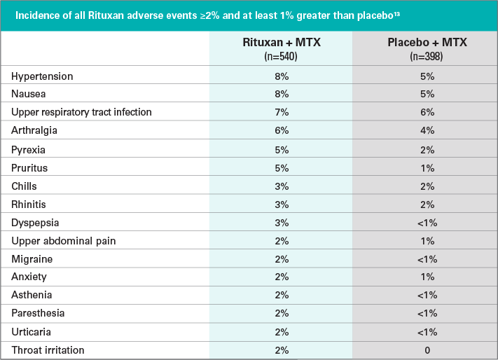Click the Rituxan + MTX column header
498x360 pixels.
pyautogui.click(x=281, y=43)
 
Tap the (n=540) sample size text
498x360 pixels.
pyautogui.click(x=281, y=56)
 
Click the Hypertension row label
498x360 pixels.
pyautogui.click(x=42, y=76)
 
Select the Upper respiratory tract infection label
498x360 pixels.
pyautogui.click(x=81, y=112)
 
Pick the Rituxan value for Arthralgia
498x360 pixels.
pyautogui.click(x=281, y=130)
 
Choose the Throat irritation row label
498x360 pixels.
pyautogui.click(x=48, y=350)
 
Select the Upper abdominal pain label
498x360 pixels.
pyautogui.click(x=64, y=240)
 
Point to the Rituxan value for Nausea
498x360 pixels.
pyautogui.click(x=281, y=94)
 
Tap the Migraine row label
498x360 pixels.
pyautogui.click(x=32, y=258)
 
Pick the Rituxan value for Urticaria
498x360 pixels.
pyautogui.click(x=281, y=332)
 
